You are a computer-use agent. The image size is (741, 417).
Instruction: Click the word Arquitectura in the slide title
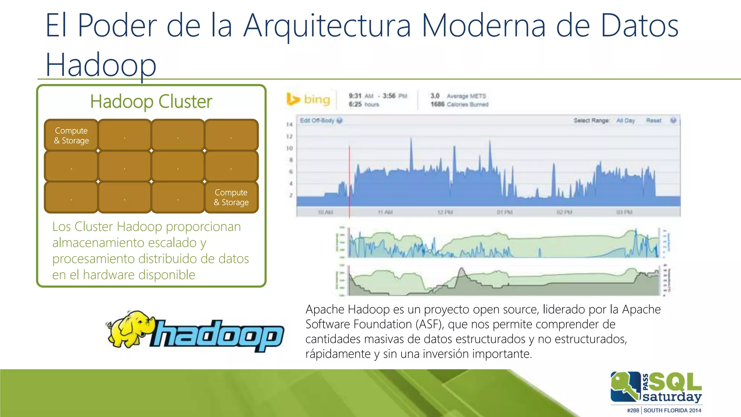pos(327,26)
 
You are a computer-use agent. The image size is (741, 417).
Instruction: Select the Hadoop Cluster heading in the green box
pos(151,101)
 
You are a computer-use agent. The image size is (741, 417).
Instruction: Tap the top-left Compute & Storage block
pos(71,135)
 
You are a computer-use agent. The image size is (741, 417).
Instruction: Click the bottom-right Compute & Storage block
pos(231,197)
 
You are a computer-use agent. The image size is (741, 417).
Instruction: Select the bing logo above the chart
pos(309,100)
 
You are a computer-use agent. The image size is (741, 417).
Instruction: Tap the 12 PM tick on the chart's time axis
pos(445,212)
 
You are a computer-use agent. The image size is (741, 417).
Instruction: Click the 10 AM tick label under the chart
pos(325,212)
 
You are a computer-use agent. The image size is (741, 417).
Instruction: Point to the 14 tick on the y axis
pos(289,125)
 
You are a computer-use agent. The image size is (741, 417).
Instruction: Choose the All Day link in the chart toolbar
pos(626,121)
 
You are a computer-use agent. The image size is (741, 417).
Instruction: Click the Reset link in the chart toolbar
pos(653,121)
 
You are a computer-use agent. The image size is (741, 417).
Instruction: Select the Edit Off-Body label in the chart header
pos(317,121)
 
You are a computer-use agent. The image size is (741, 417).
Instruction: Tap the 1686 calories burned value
pos(437,104)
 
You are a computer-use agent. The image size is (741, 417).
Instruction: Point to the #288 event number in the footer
pos(633,410)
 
